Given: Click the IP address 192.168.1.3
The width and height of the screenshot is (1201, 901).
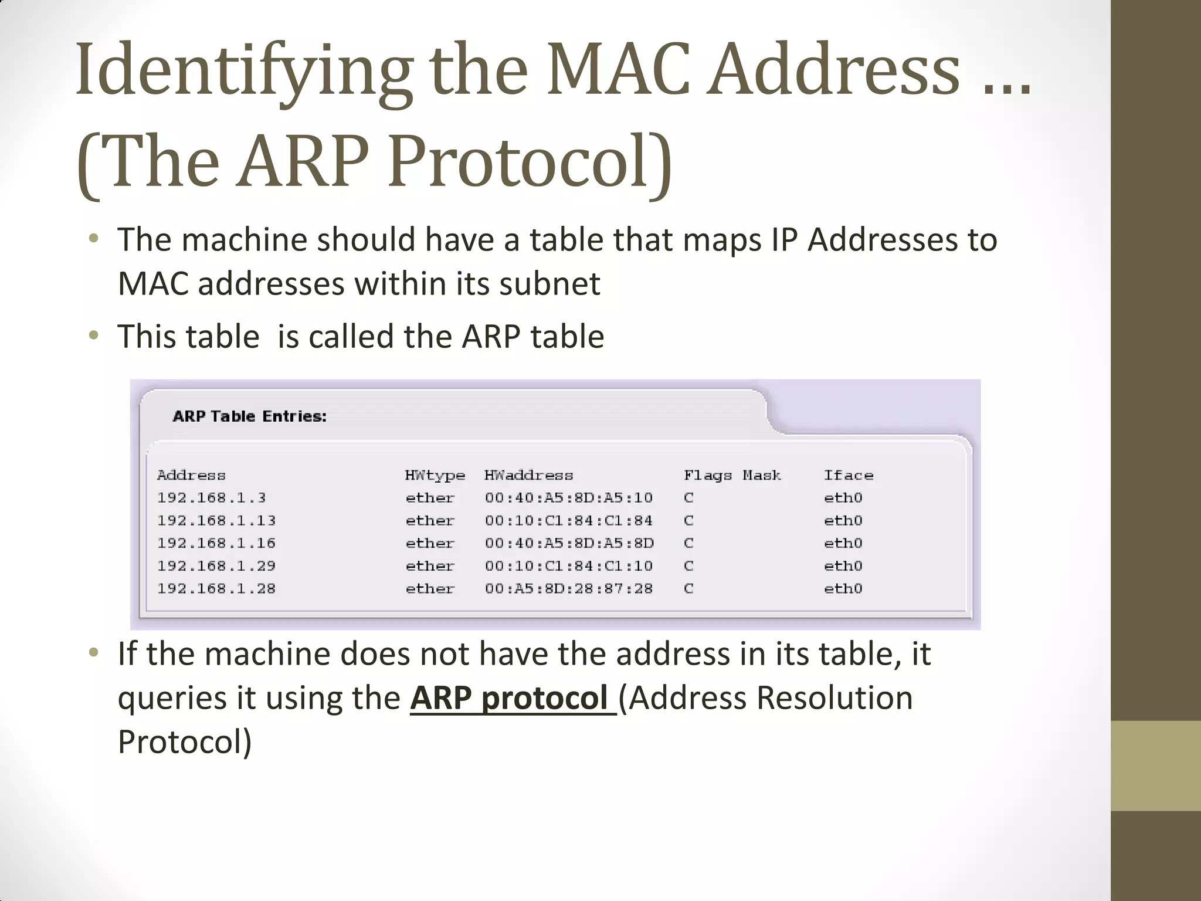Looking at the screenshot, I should point(211,498).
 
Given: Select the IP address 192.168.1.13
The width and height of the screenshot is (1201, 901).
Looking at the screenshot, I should point(216,521).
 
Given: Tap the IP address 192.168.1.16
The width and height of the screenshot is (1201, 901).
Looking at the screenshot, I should point(216,543).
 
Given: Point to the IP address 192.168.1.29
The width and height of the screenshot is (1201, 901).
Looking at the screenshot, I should point(216,566).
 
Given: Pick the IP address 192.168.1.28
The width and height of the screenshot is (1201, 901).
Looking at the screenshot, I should point(216,588).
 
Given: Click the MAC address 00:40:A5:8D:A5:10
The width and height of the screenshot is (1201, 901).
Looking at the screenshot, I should point(568,498).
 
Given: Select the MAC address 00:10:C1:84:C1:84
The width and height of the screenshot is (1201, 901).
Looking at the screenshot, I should point(568,521).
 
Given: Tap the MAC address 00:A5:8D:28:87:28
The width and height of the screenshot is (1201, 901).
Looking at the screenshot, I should point(568,588).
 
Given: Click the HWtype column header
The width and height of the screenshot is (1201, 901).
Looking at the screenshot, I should point(435,475).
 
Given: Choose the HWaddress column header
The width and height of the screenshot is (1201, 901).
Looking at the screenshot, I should point(528,475).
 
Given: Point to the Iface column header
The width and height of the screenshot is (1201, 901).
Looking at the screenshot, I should point(848,475).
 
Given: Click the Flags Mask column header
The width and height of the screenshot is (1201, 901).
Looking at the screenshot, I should point(732,475).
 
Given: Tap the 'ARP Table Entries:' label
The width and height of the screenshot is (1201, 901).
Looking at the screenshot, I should point(249,416).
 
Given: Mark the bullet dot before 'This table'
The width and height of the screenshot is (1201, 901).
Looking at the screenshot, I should point(93,336).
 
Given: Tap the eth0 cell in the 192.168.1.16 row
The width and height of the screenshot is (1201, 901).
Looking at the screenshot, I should point(843,543).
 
